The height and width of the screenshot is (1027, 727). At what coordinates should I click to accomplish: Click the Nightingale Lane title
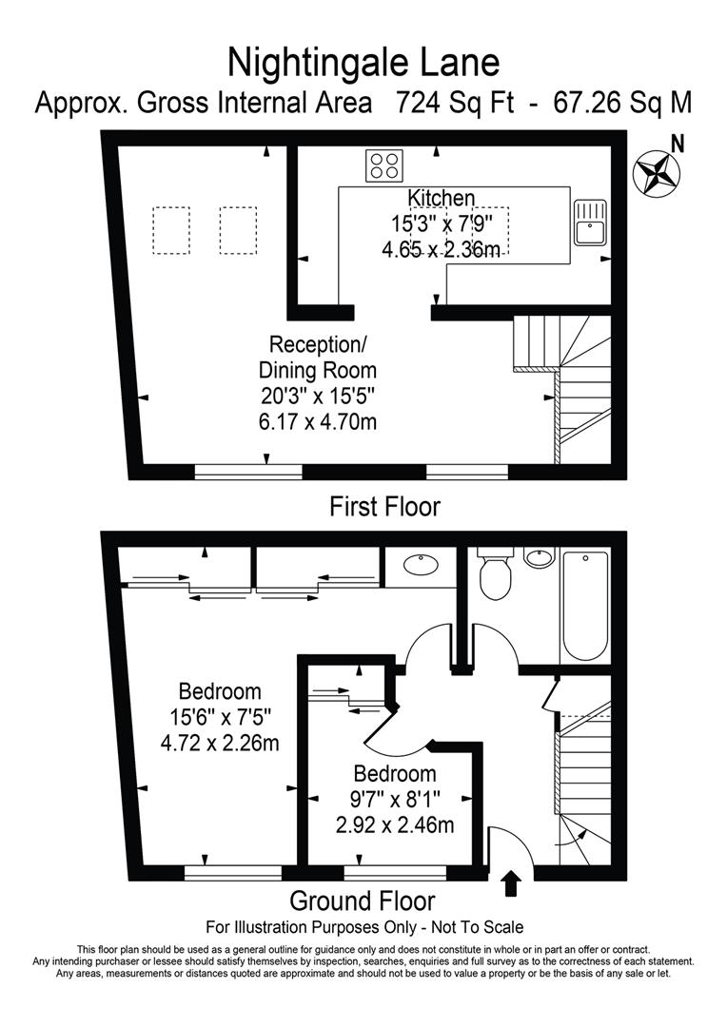[363, 63]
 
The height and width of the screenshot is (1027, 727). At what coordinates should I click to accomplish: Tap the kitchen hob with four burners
[383, 166]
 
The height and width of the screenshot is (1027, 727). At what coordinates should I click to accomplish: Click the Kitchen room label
[441, 198]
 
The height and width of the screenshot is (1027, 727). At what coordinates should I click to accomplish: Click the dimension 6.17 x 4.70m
[318, 419]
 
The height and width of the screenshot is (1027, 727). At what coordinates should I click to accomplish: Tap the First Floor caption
[384, 507]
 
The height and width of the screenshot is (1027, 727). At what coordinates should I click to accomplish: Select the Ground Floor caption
[362, 901]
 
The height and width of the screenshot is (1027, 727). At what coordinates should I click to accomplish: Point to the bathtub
[584, 605]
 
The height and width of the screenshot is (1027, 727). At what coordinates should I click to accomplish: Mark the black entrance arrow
[511, 883]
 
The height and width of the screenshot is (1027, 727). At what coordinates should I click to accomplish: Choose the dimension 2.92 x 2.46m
[394, 825]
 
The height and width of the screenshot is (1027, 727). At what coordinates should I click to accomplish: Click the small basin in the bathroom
[539, 555]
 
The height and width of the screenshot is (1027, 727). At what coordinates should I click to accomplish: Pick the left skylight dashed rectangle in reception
[170, 230]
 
